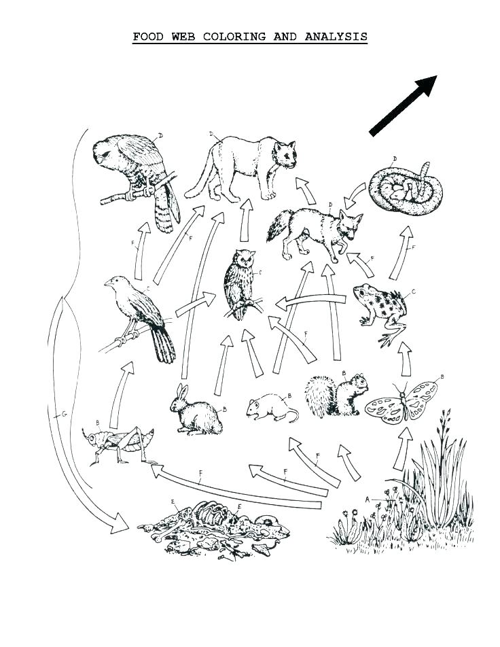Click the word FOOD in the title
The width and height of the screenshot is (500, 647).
[147, 37]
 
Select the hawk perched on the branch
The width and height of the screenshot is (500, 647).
[136, 174]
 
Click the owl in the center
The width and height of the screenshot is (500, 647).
[240, 282]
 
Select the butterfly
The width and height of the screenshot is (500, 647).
[400, 404]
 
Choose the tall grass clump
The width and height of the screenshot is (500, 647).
[435, 483]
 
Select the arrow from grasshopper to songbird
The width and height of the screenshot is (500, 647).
[120, 394]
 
